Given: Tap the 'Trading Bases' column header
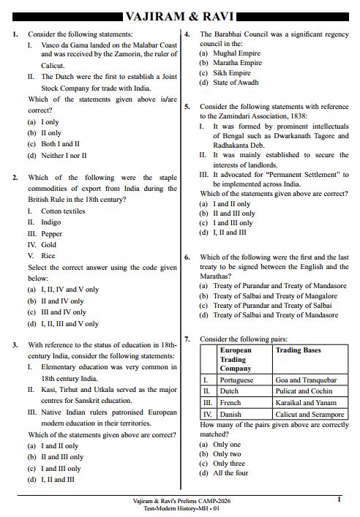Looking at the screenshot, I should tap(298, 350).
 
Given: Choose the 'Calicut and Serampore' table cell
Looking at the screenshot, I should tap(310, 414).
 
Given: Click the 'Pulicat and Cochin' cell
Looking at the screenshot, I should tap(302, 391).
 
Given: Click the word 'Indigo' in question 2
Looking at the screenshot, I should tap(51, 222).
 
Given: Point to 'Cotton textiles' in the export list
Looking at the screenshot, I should tap(63, 211).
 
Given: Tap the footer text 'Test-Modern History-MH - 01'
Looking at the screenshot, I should tap(180, 508).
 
